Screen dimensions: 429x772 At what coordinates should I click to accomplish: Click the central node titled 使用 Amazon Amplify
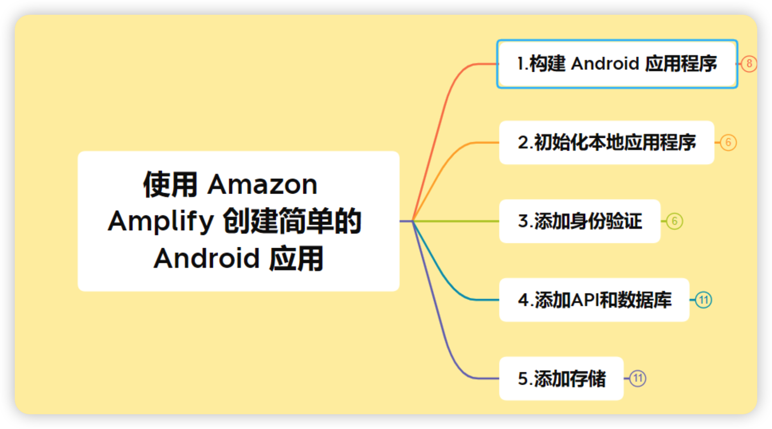238,221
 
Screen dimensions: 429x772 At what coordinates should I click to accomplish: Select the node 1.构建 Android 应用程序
617,64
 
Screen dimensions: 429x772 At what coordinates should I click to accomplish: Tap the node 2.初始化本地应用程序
607,143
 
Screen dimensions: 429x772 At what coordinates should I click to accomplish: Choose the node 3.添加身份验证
579,221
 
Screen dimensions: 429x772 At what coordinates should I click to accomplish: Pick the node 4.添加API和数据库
594,300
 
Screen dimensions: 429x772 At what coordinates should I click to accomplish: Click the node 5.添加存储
561,379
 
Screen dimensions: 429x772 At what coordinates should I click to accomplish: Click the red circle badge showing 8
749,64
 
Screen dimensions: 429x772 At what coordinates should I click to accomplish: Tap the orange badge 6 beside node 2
728,143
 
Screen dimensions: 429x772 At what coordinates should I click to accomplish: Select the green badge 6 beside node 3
674,221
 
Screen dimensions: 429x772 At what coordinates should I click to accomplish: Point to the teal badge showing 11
703,300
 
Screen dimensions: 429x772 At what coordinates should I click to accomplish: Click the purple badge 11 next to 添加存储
638,379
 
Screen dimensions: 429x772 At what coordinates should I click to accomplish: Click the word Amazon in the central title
262,185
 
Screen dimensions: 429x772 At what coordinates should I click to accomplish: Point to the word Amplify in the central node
161,221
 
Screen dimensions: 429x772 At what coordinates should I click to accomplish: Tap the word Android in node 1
605,64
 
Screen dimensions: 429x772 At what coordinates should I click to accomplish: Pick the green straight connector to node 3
456,221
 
